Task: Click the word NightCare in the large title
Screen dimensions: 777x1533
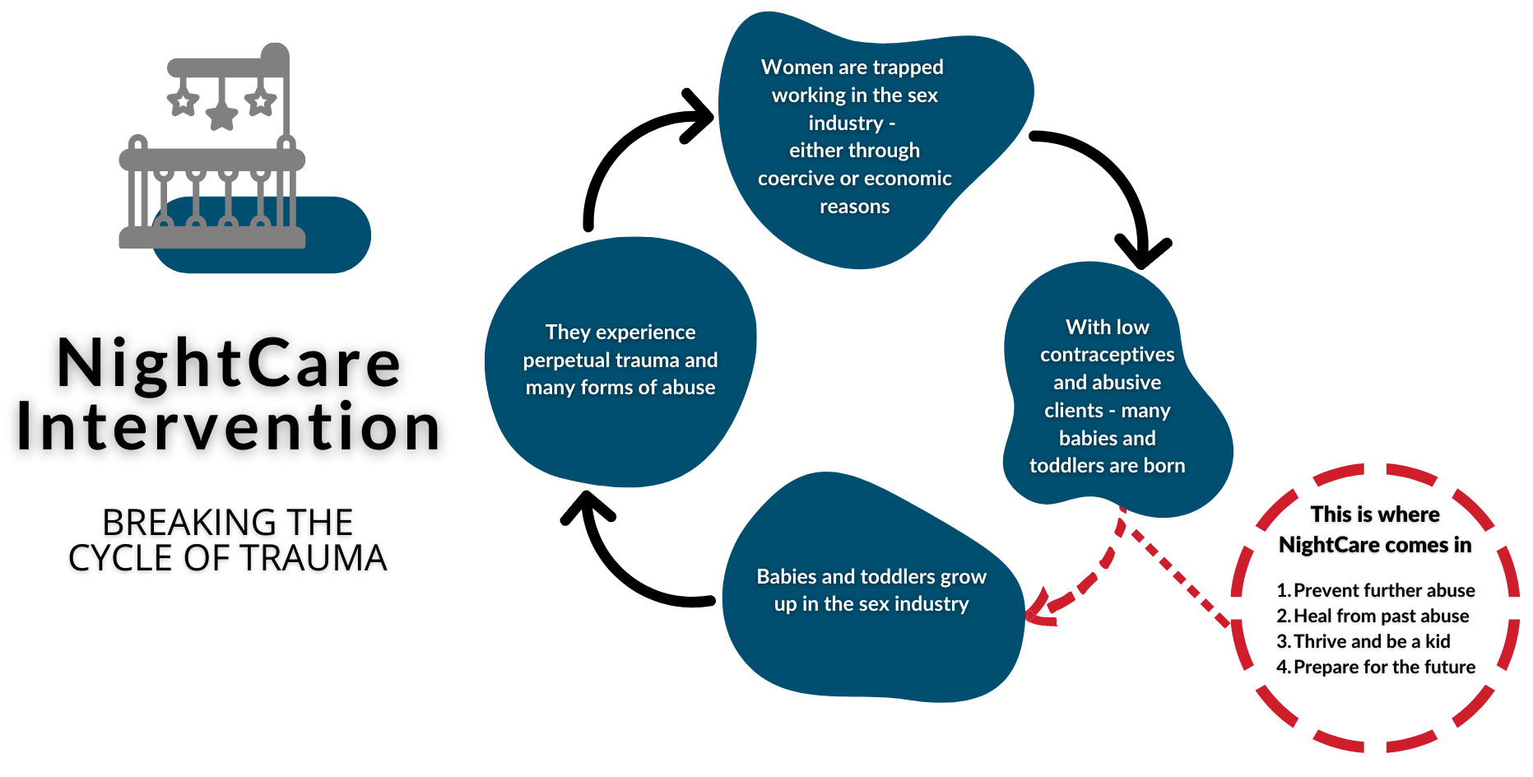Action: [229, 364]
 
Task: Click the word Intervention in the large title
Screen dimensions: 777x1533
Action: [229, 428]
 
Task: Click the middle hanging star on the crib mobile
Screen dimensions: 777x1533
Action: [221, 115]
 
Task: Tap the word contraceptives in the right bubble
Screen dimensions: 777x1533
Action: [1107, 355]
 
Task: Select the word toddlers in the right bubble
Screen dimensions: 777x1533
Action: [1067, 466]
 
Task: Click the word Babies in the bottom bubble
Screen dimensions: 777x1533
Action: [786, 577]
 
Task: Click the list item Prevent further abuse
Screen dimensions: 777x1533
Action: [1383, 591]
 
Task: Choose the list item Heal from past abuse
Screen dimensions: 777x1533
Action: [1381, 616]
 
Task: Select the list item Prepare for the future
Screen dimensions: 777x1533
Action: [1384, 668]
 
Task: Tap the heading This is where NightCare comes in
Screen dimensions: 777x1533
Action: [1375, 530]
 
